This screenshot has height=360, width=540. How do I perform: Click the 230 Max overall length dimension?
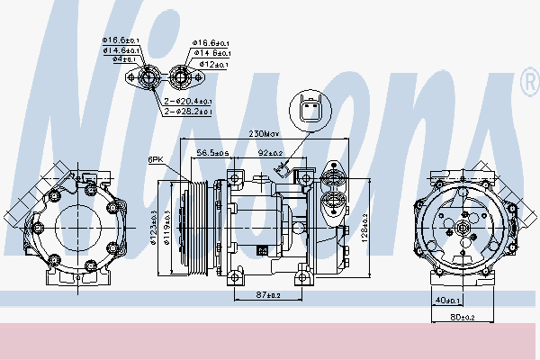[265, 134]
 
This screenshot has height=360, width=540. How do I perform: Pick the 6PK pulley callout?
[155, 160]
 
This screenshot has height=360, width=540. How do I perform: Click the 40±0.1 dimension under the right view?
[446, 301]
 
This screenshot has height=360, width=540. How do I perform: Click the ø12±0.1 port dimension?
[213, 65]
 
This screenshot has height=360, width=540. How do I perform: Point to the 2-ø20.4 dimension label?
[187, 102]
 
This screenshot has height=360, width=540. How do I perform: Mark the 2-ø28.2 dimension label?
[187, 112]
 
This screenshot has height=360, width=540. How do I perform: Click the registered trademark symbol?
[528, 85]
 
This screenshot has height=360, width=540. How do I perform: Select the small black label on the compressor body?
[261, 250]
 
